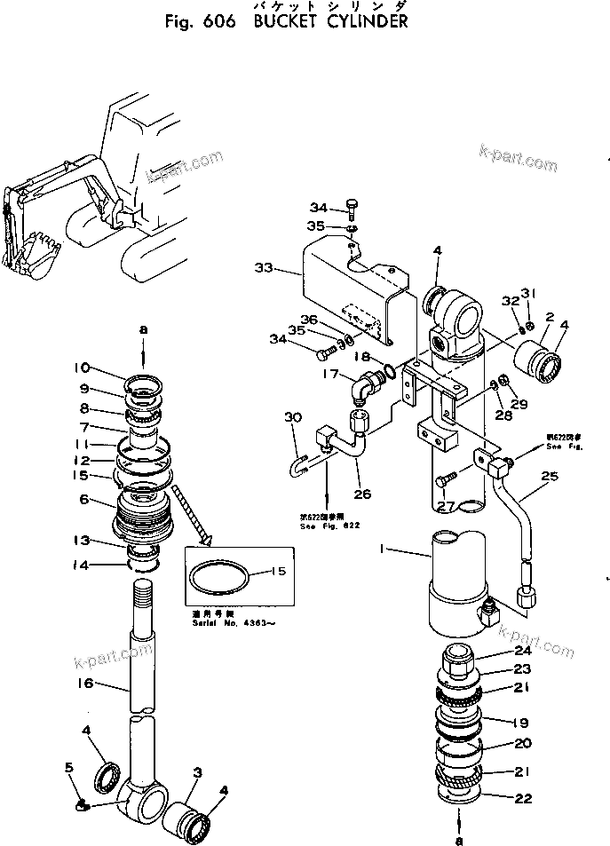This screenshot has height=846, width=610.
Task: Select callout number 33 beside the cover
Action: pos(264,266)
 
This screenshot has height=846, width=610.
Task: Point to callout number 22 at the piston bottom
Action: pos(523,798)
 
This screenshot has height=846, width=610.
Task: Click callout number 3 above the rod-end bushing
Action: pos(197,772)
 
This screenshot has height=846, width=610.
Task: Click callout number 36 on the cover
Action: pos(307,320)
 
